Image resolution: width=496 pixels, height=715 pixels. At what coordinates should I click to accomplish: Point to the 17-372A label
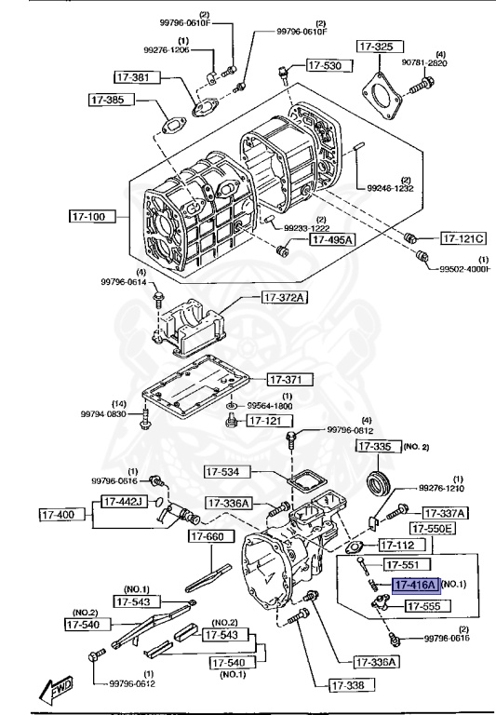284,297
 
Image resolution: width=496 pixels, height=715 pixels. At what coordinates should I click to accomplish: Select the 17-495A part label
332,240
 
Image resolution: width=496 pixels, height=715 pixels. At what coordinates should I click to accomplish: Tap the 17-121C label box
463,237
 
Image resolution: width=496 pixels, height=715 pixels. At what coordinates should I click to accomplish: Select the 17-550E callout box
434,528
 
